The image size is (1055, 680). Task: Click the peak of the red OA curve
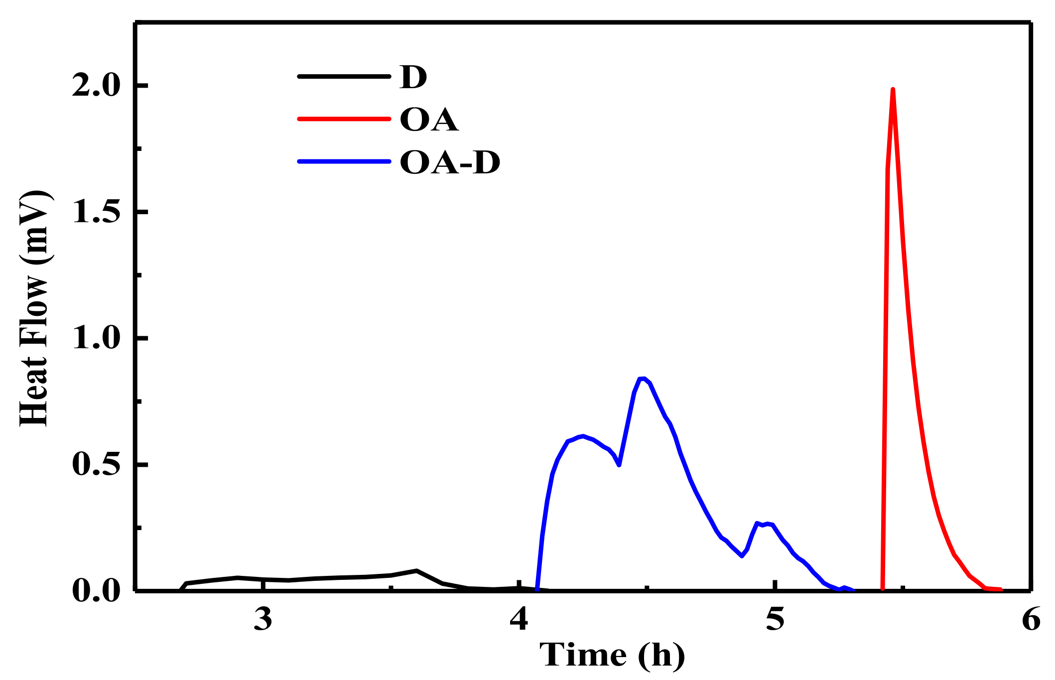[893, 90]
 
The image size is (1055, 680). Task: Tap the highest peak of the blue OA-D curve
[643, 379]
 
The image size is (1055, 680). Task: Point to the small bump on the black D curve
[416, 570]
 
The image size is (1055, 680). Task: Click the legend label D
[413, 77]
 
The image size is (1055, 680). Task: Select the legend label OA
[429, 120]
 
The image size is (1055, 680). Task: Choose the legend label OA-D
[450, 162]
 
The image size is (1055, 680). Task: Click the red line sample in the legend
[344, 119]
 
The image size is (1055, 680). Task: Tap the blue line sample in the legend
[344, 161]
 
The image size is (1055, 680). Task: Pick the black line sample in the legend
[344, 77]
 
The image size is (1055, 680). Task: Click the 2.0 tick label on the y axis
[97, 86]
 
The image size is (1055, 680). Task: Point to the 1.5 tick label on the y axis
[97, 212]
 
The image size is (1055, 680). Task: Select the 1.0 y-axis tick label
[97, 338]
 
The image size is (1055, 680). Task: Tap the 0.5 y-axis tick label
[97, 465]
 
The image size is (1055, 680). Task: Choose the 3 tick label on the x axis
[263, 619]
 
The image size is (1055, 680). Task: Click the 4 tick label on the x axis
[519, 619]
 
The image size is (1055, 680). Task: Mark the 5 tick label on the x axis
[775, 619]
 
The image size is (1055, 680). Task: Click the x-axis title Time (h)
[612, 655]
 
